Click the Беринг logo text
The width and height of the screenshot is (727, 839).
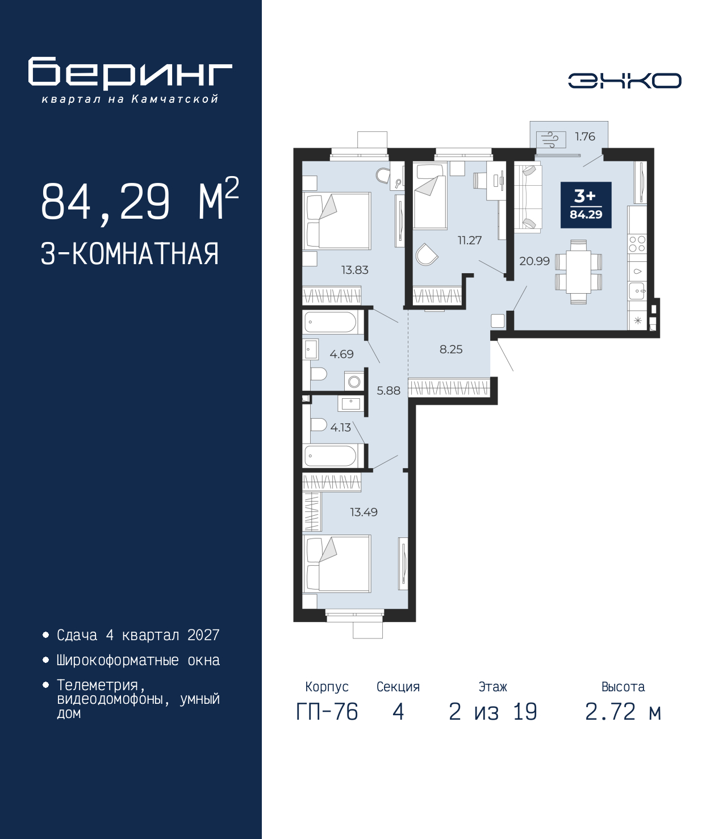click(130, 74)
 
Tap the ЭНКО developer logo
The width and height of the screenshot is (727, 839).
click(624, 81)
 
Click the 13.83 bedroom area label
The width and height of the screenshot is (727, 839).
click(354, 270)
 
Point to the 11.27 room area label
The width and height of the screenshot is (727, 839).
click(470, 240)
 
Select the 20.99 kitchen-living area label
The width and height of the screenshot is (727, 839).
click(534, 261)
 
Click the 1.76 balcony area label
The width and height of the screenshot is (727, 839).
click(584, 136)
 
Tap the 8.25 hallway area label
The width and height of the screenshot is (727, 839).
click(451, 349)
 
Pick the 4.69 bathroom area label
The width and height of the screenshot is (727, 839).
click(341, 354)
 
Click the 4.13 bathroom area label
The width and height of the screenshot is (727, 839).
click(341, 428)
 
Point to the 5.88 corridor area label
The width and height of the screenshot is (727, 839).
click(388, 391)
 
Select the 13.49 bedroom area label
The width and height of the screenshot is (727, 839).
click(363, 512)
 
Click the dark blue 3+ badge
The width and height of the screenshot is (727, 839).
click(586, 205)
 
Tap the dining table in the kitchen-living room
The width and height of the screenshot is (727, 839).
click(578, 272)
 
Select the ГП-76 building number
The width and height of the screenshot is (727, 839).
click(327, 712)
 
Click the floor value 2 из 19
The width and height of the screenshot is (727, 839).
click(492, 712)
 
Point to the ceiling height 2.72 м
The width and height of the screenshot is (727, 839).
click(623, 712)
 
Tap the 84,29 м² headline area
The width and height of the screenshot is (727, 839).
click(140, 202)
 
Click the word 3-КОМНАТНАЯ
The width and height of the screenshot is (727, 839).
click(130, 254)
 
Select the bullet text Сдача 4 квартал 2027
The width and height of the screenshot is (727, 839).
click(138, 635)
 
